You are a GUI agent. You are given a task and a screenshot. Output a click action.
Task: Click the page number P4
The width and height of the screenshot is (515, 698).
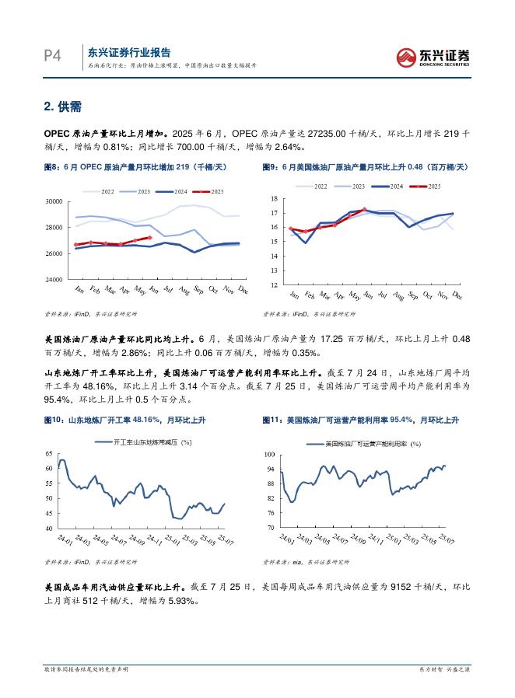(53, 56)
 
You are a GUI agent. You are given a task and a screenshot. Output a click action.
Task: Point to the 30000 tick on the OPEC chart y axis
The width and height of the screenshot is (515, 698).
(54, 201)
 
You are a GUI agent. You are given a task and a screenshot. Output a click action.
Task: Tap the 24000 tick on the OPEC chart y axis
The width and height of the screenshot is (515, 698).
(54, 279)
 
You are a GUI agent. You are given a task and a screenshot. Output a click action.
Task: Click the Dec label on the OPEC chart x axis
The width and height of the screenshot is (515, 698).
(242, 291)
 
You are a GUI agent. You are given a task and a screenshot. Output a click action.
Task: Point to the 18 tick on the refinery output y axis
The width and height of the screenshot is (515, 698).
(274, 199)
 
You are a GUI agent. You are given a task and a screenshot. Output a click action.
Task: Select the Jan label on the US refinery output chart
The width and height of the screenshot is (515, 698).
(293, 295)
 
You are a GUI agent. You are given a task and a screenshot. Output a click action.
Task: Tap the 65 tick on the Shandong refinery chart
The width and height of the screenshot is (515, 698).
(48, 453)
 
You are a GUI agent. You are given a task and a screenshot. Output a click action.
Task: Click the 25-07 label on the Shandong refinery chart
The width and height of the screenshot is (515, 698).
(225, 539)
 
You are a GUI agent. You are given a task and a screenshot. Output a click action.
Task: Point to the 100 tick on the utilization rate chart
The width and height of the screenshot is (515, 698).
(272, 453)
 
